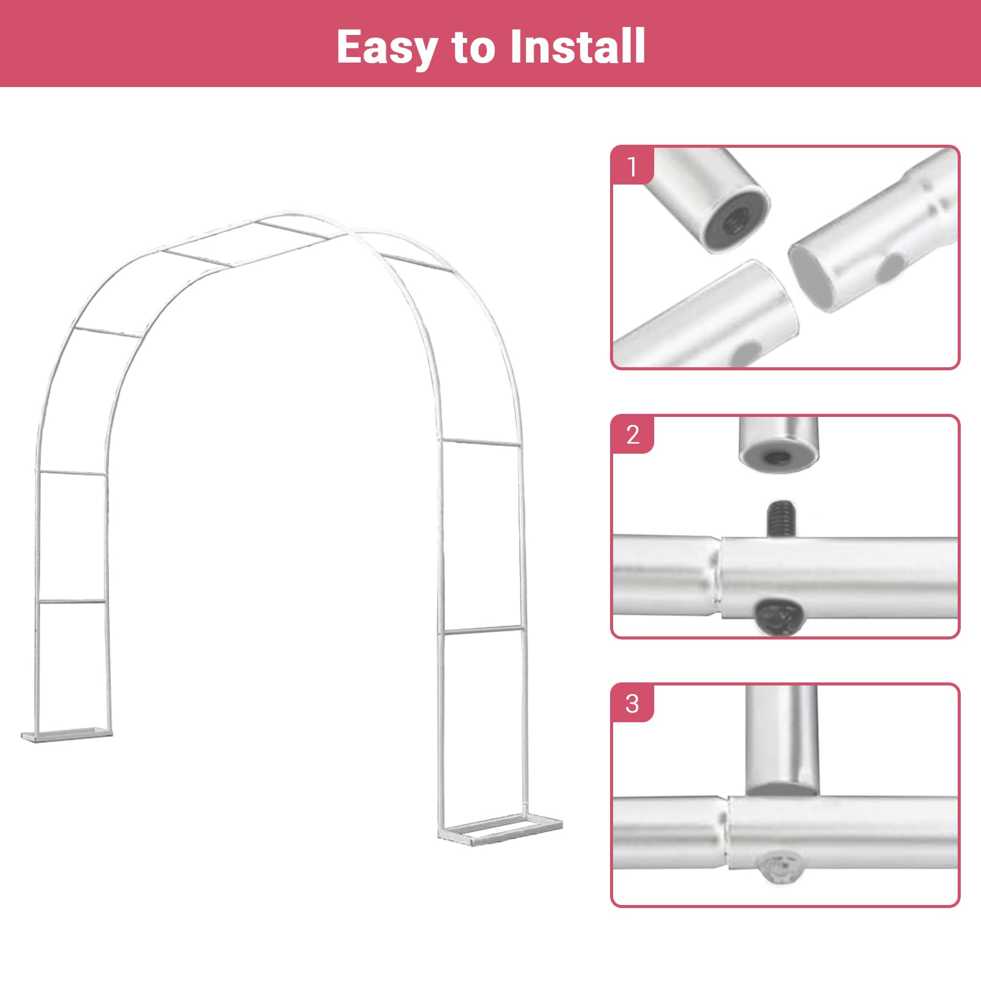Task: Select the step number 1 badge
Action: pyautogui.click(x=633, y=166)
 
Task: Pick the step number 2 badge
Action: pyautogui.click(x=633, y=435)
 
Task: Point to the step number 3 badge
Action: pyautogui.click(x=633, y=703)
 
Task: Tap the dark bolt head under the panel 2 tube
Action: pyautogui.click(x=779, y=617)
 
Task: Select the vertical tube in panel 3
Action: pyautogui.click(x=782, y=740)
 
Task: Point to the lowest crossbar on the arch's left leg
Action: pyautogui.click(x=71, y=602)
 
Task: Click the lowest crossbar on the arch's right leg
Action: pyautogui.click(x=483, y=630)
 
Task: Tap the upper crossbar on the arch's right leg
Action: pyautogui.click(x=481, y=443)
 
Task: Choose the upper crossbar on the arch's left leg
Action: pyautogui.click(x=71, y=473)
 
